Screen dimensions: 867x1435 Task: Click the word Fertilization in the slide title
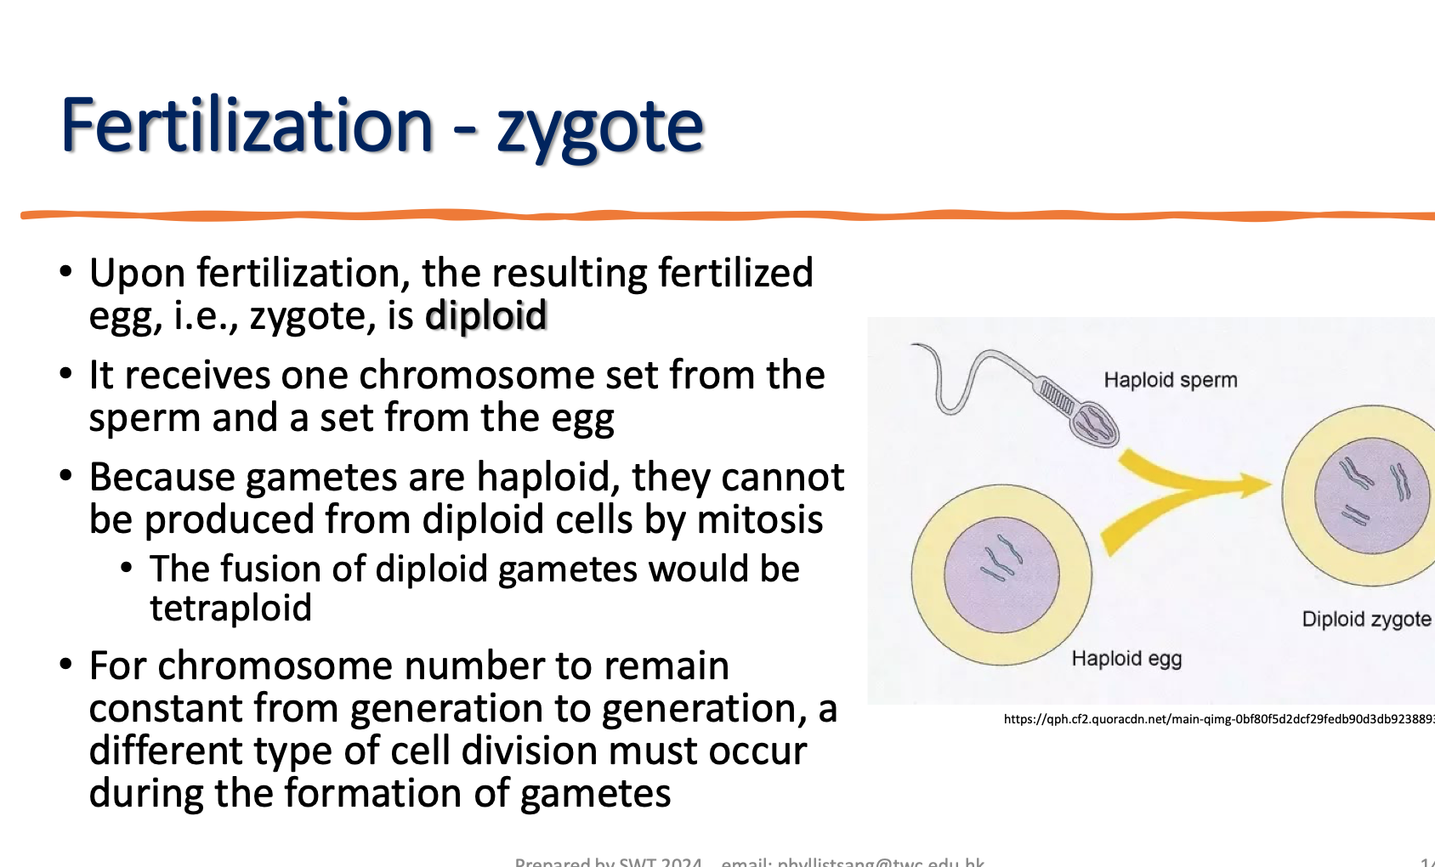click(247, 126)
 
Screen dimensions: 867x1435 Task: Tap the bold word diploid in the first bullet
click(485, 316)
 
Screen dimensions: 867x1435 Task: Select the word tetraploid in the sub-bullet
click(230, 609)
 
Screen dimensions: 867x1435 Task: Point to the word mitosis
click(759, 519)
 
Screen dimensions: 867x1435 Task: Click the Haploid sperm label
click(1170, 380)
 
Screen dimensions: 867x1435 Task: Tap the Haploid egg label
click(1126, 659)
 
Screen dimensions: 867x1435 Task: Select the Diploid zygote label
click(1365, 619)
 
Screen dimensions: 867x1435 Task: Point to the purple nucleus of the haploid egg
click(1001, 575)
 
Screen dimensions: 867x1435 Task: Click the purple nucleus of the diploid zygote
click(1371, 495)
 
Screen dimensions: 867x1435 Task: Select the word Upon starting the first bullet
click(137, 274)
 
